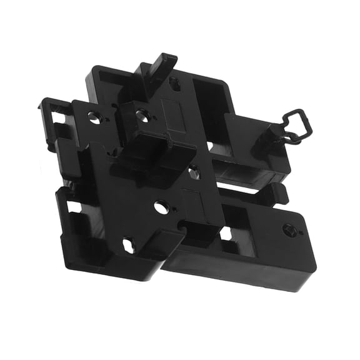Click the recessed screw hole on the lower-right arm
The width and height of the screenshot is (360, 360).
[x=288, y=229]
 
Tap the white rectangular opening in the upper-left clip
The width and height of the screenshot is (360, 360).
[x=61, y=117]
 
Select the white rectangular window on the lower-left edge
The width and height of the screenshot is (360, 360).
[x=73, y=206]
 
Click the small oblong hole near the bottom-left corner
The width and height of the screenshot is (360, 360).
[x=129, y=245]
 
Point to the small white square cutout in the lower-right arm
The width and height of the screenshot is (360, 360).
[x=226, y=234]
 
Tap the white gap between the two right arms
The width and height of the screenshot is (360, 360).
[x=250, y=186]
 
